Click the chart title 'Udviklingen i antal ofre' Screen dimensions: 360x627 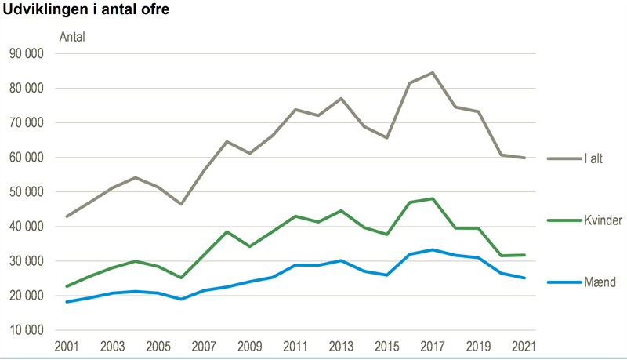coord(85,11)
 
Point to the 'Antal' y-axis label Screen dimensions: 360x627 coord(72,36)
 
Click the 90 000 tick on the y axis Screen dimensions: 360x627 coord(27,53)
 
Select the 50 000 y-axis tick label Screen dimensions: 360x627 coord(27,192)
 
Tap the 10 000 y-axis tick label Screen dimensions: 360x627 coord(27,330)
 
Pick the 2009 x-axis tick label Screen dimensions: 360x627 coord(249,345)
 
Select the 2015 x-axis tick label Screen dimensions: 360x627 coord(386,345)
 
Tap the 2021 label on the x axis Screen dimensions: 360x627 coord(524,345)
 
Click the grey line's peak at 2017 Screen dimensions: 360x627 coord(432,73)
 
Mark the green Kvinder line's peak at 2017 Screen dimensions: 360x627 coord(432,198)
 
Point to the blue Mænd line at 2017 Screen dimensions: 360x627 coord(432,249)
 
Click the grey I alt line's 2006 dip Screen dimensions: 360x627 coord(180,204)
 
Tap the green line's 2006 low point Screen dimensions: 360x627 coord(180,278)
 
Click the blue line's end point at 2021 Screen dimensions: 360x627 coord(524,278)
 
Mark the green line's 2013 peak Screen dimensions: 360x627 coord(341,210)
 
